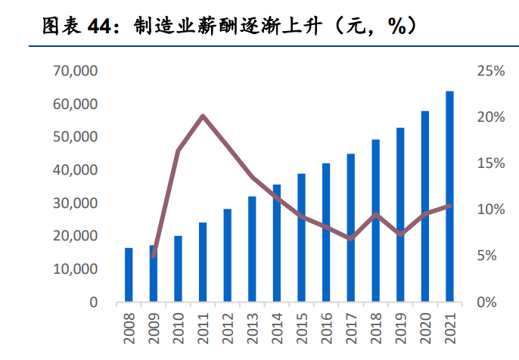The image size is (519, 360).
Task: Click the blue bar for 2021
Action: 449,197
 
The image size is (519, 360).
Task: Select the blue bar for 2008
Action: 129,275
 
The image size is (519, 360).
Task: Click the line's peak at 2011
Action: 203,116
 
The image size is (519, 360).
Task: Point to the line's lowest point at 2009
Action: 154,256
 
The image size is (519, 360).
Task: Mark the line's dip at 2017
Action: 351,239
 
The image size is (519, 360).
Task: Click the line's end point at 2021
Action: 449,206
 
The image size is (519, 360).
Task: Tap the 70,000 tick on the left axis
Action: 75,71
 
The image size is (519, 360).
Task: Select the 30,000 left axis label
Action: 75,203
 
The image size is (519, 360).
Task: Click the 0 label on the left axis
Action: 93,302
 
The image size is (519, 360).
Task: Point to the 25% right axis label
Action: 491,71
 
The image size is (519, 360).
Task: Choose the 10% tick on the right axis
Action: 491,209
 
